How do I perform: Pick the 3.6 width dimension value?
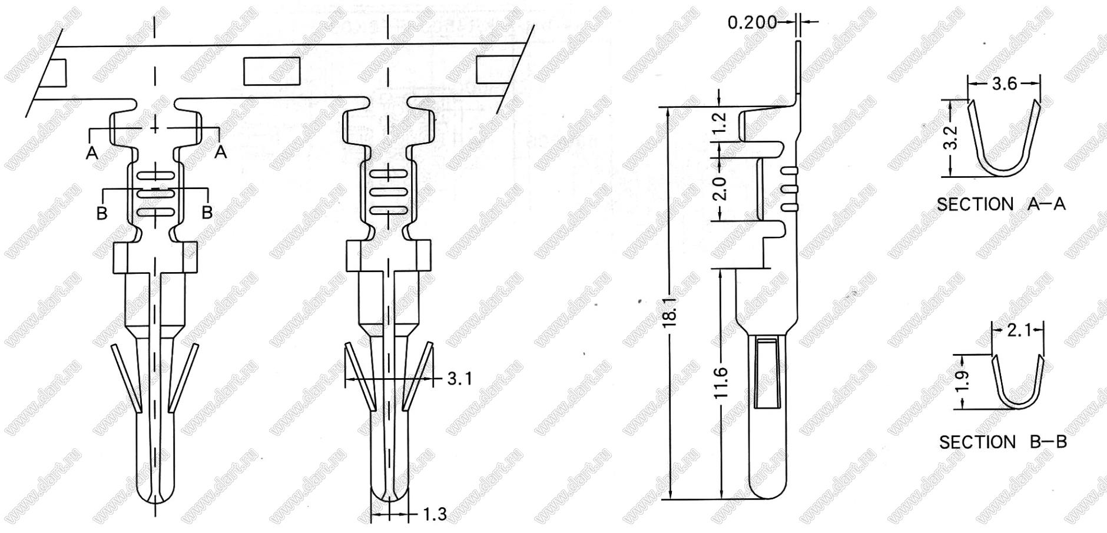[x=1005, y=84]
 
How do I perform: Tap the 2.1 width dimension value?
[x=1019, y=330]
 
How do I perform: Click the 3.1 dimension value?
[x=459, y=378]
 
